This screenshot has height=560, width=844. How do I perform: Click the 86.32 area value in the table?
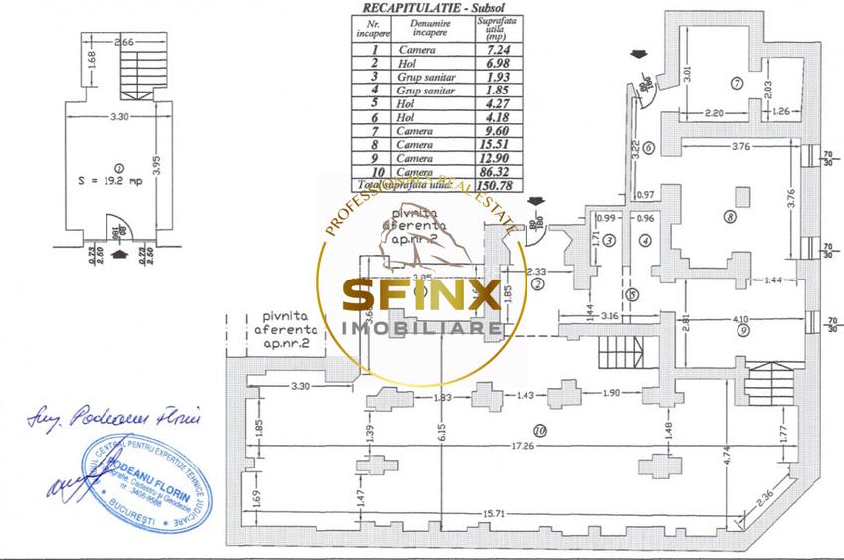488,171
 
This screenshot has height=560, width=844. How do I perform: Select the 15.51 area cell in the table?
488,144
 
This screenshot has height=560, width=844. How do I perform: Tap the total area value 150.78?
488,185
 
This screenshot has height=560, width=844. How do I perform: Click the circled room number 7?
737,83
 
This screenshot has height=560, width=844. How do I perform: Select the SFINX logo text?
421,295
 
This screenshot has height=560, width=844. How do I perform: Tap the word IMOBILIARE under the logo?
421,328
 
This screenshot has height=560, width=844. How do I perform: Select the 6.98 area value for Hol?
488,62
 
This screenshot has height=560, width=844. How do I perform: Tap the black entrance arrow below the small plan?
120,256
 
